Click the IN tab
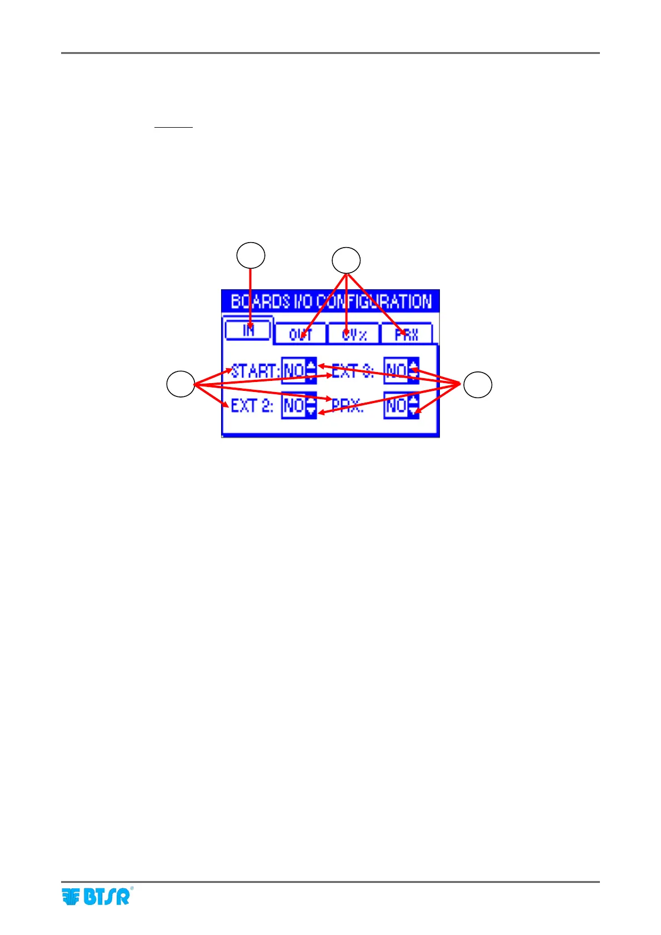(x=248, y=330)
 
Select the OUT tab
(x=301, y=334)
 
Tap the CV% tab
(x=354, y=334)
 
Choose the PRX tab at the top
(x=407, y=334)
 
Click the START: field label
(x=255, y=370)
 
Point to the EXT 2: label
(x=252, y=406)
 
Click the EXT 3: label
(x=352, y=370)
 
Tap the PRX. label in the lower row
(x=347, y=406)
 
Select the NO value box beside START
(x=293, y=370)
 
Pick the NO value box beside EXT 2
(x=293, y=406)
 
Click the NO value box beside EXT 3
(x=396, y=370)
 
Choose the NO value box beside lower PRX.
(x=396, y=406)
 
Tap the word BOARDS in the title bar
(x=260, y=301)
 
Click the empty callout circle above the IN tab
(x=251, y=255)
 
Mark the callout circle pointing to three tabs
(x=346, y=260)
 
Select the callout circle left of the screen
(x=181, y=384)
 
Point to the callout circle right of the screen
(x=478, y=385)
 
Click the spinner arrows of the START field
(x=311, y=370)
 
